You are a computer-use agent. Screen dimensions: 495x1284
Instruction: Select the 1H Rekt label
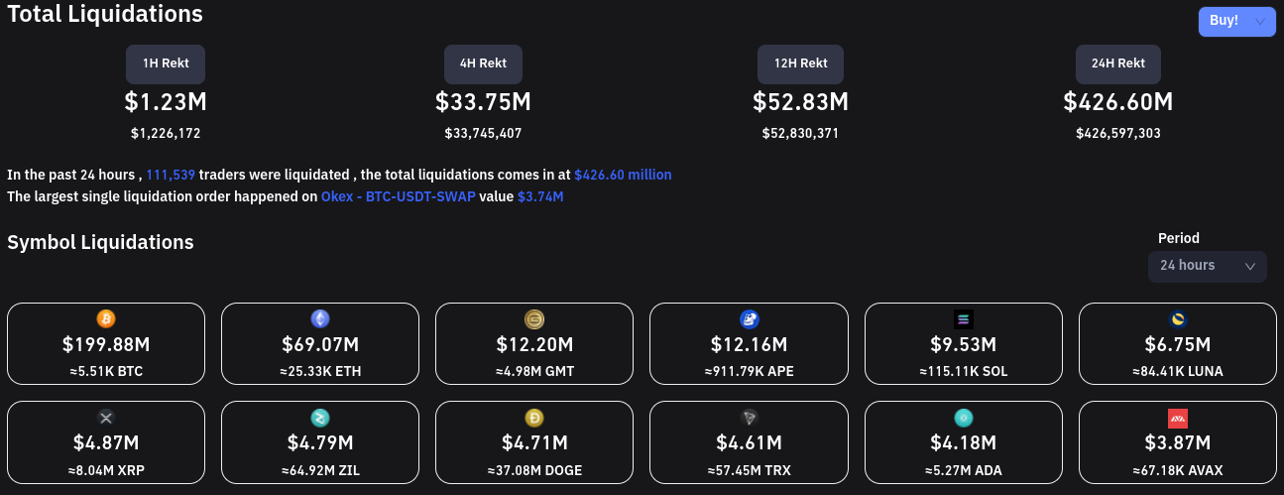(166, 63)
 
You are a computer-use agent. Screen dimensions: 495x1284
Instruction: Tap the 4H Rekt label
(483, 63)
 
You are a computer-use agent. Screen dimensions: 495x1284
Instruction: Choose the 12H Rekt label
(800, 63)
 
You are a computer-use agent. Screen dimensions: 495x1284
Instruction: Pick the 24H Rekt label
(1117, 63)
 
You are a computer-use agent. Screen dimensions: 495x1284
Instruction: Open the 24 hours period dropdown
(1207, 266)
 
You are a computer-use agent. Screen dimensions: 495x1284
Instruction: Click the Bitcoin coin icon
(106, 319)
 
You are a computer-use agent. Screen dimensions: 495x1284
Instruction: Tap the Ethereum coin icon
(320, 319)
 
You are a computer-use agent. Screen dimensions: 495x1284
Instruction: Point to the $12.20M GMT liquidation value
(534, 345)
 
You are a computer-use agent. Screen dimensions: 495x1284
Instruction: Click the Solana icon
(964, 319)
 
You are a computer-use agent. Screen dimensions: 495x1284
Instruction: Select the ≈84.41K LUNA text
(1177, 372)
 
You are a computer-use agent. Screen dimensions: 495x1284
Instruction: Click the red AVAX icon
(1178, 418)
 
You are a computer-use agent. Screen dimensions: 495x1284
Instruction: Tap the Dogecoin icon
(534, 418)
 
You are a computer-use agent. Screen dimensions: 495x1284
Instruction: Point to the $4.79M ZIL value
(320, 442)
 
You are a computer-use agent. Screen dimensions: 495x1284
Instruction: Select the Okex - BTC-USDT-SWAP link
(398, 196)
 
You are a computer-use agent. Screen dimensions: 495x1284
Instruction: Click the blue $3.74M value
(540, 196)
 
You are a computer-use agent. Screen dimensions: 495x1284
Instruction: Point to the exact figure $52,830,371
(800, 133)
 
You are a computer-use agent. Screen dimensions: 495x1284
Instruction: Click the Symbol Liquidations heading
(100, 242)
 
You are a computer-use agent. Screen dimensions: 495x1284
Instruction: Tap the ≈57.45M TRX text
(749, 470)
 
